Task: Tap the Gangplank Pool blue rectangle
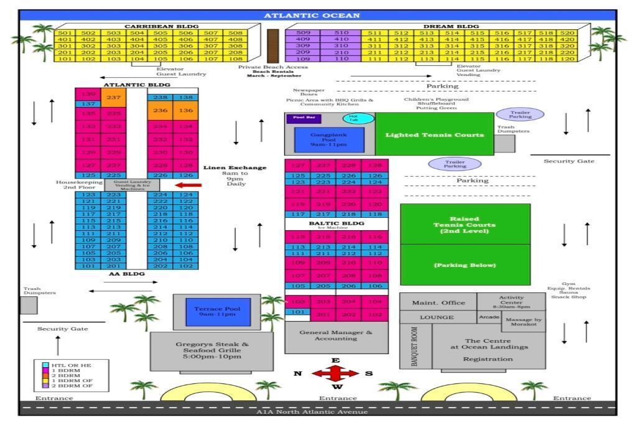pyautogui.click(x=329, y=139)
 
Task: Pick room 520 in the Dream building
pyautogui.click(x=567, y=33)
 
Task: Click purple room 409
pyautogui.click(x=303, y=39)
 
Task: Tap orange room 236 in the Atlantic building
pyautogui.click(x=160, y=110)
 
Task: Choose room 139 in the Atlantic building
pyautogui.click(x=88, y=95)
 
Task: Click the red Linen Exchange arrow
pyautogui.click(x=188, y=184)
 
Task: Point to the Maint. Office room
pyautogui.click(x=438, y=302)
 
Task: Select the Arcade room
pyautogui.click(x=489, y=317)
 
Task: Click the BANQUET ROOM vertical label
pyautogui.click(x=415, y=346)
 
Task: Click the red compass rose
pyautogui.click(x=335, y=373)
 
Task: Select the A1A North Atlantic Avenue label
pyautogui.click(x=312, y=411)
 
